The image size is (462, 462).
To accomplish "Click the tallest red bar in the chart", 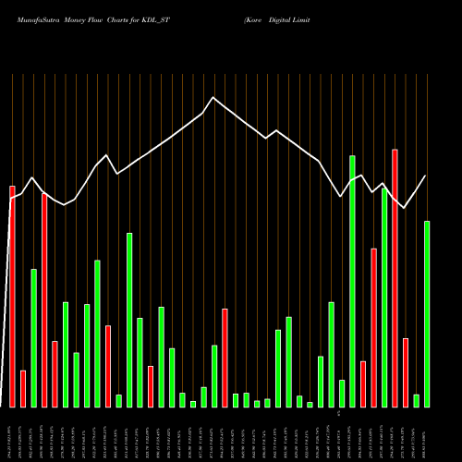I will point(395,277).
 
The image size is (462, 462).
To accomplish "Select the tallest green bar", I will point(352,281).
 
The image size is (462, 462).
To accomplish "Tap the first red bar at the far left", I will point(12,296).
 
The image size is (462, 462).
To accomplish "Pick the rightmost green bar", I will point(427,314).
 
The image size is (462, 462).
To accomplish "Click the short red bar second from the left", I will point(23,388).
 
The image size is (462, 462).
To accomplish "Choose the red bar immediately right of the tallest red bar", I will point(406,372).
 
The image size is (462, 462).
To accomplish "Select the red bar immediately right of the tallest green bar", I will point(363,383).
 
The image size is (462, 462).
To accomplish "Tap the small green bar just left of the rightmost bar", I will point(417,400).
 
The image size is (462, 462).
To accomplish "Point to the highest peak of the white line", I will point(213,97).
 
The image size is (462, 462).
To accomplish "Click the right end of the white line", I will point(425,176).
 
